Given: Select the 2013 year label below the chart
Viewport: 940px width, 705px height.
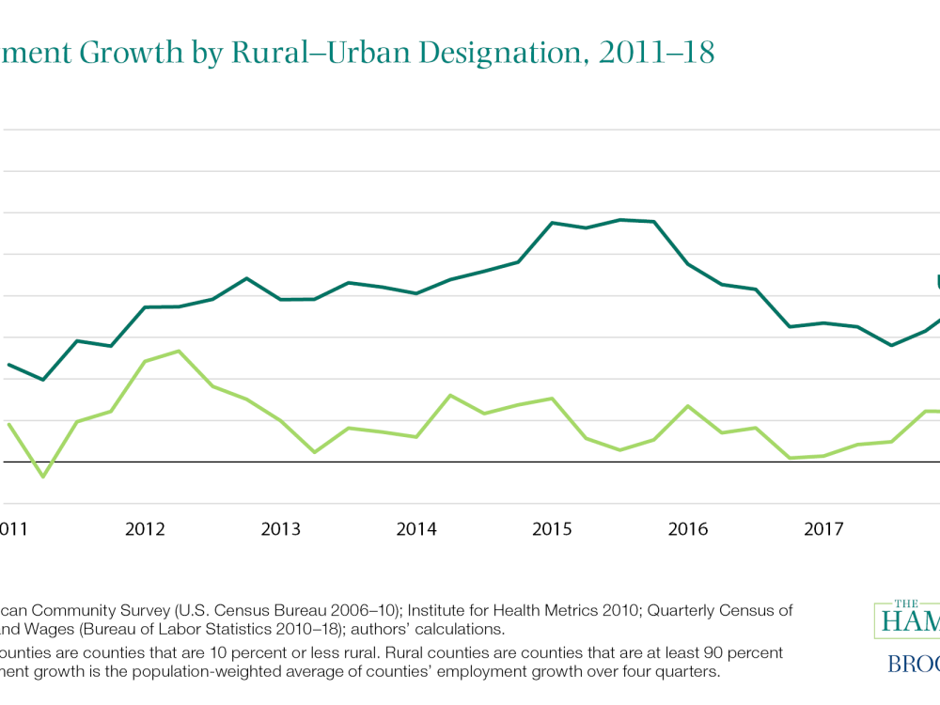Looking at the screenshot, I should click(x=280, y=529).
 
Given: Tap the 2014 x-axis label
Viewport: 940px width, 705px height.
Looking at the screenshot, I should click(x=416, y=529).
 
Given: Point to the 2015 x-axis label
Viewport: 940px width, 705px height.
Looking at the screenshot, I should click(x=553, y=529).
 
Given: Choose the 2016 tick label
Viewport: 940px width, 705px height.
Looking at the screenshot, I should click(x=688, y=529).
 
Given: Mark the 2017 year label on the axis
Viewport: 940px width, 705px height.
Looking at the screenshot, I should click(x=824, y=529).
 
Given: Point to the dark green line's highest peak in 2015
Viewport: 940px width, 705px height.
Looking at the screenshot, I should click(x=620, y=220).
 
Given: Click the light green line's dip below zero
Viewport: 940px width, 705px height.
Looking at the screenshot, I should click(x=42, y=477).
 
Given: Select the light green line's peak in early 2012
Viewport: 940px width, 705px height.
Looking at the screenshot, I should click(x=179, y=352).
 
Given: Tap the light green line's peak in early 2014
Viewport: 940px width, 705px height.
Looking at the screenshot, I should click(x=450, y=396).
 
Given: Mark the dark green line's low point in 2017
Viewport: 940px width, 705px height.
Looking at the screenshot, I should click(x=891, y=345).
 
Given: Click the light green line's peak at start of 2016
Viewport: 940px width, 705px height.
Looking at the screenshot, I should click(x=688, y=406).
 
